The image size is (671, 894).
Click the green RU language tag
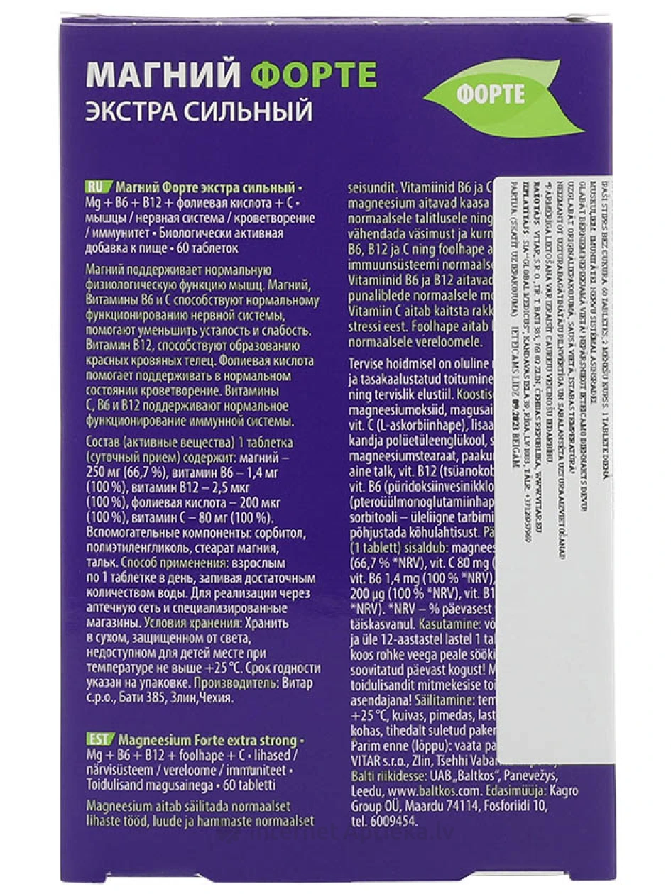95,188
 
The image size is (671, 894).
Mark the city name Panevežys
521,777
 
